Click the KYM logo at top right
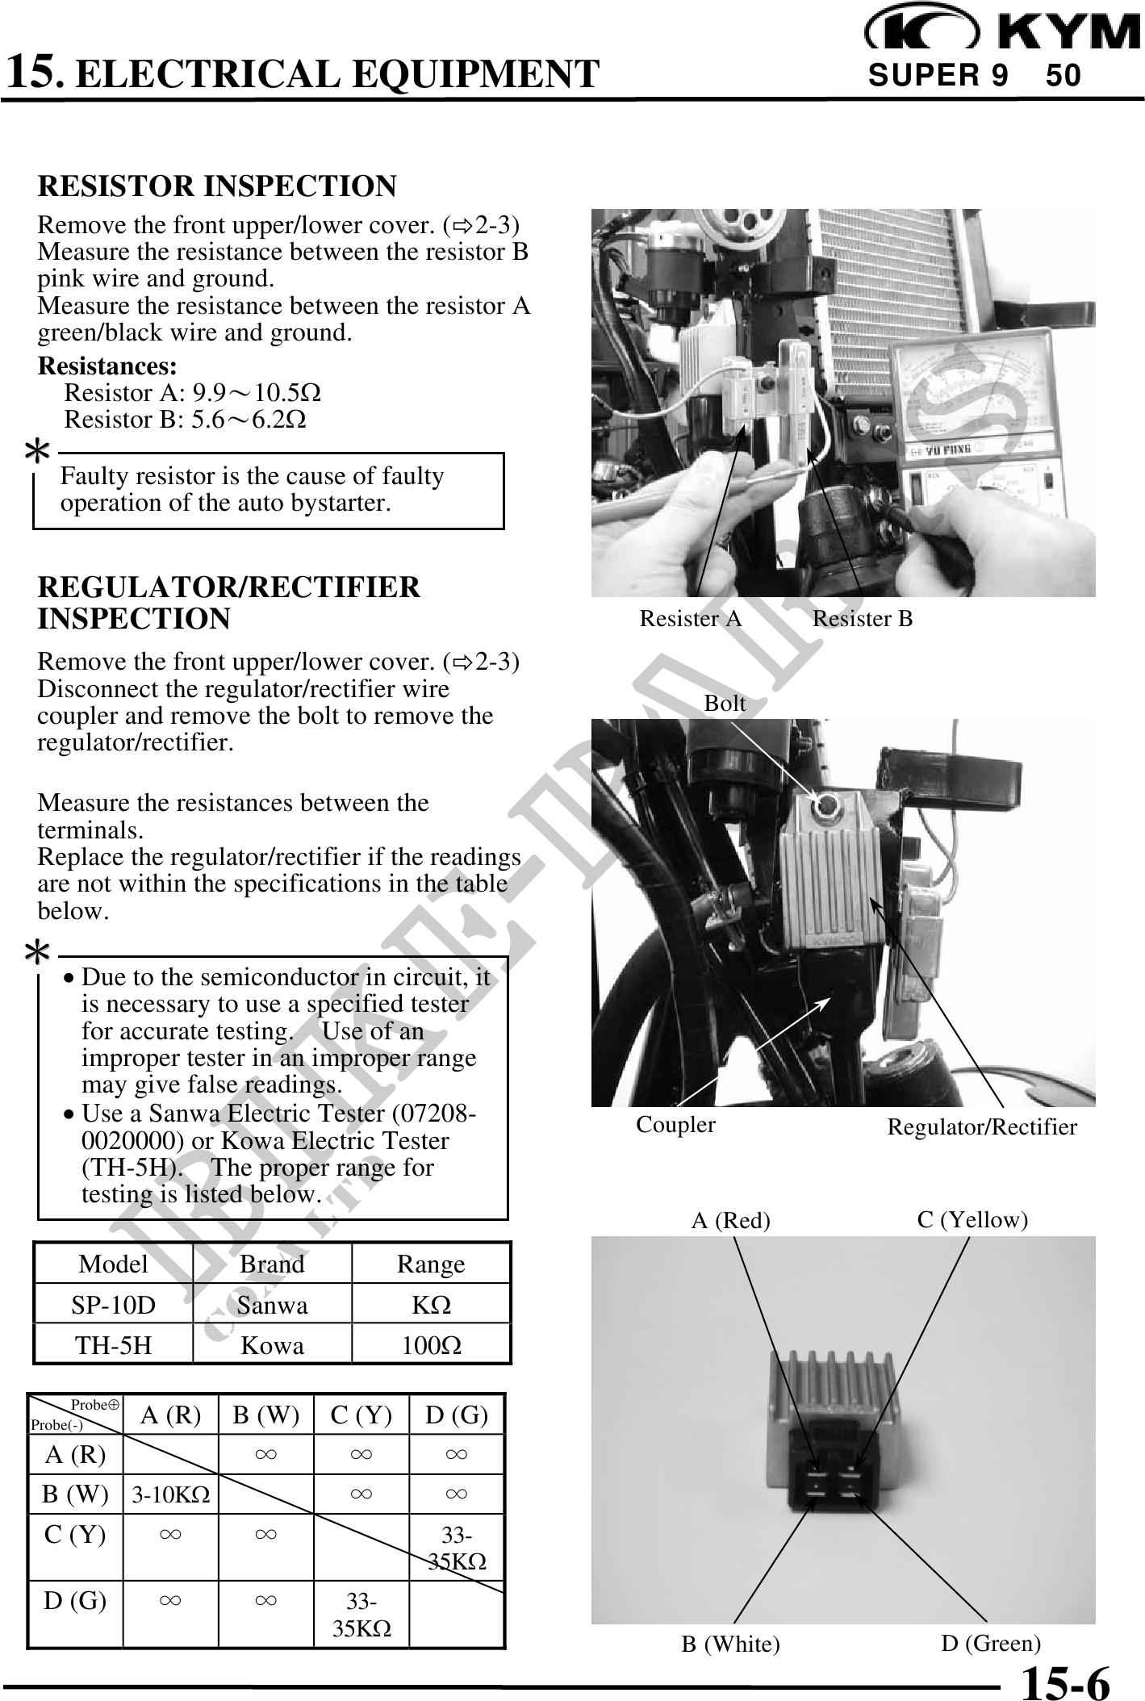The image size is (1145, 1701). tap(1001, 30)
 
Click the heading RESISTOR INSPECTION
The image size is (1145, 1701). tap(217, 186)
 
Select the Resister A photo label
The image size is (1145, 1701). tap(690, 619)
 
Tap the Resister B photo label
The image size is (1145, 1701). tap(862, 619)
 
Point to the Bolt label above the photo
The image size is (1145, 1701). tap(725, 704)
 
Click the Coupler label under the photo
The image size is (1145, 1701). tap(675, 1124)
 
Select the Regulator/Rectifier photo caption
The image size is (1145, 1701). tap(981, 1127)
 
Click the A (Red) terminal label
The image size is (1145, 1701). tap(730, 1221)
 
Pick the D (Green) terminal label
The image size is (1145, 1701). tap(990, 1643)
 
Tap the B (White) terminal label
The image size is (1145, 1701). tap(730, 1644)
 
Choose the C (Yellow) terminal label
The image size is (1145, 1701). tap(972, 1220)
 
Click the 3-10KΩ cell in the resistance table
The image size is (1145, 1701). tap(171, 1495)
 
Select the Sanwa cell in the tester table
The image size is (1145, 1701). tap(272, 1306)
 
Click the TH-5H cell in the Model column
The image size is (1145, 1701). tap(113, 1345)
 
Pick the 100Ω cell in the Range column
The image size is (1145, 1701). tap(431, 1345)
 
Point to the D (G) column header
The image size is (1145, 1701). tap(456, 1415)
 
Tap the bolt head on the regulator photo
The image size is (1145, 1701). tap(828, 805)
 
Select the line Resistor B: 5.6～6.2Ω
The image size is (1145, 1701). tap(185, 420)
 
